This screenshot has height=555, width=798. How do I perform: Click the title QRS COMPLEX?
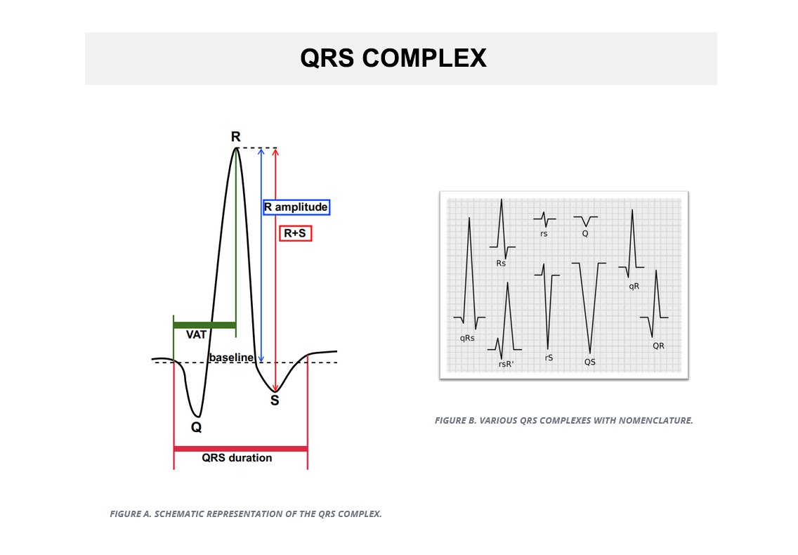click(393, 58)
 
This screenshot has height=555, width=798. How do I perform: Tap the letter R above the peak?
click(235, 136)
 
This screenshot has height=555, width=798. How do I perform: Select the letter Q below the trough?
click(197, 426)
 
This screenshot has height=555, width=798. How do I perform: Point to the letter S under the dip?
click(275, 400)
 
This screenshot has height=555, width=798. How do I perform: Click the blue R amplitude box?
click(296, 207)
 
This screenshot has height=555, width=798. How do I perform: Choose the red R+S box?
click(295, 234)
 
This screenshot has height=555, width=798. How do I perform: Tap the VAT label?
click(196, 334)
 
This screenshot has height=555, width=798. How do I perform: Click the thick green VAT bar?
click(204, 325)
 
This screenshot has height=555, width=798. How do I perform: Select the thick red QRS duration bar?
click(241, 449)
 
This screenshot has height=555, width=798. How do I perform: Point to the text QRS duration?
click(237, 458)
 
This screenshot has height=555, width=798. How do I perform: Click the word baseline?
click(231, 358)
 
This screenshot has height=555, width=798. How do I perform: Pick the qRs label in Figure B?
click(467, 338)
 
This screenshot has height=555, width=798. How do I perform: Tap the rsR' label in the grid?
click(506, 364)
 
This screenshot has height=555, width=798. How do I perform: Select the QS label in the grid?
click(590, 362)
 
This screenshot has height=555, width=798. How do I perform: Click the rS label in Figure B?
click(549, 358)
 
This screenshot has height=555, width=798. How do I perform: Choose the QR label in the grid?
click(658, 346)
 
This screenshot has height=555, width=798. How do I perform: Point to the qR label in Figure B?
click(634, 286)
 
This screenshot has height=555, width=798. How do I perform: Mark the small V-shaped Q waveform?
click(586, 220)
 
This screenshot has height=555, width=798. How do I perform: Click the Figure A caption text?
click(246, 514)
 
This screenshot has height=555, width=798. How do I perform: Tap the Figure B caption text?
click(564, 421)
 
